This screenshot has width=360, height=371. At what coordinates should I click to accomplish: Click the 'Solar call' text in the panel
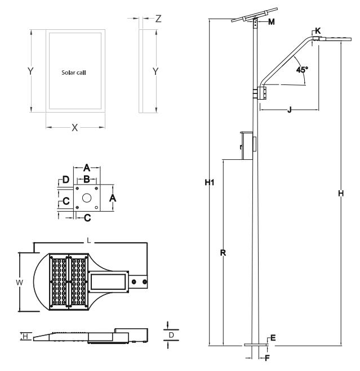tap(74, 73)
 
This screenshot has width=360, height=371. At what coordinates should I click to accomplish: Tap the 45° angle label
tap(302, 70)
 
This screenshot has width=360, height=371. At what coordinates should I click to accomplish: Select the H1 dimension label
tap(210, 182)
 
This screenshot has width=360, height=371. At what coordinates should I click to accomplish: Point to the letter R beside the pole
tap(223, 253)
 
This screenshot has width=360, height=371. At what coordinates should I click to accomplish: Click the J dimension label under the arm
tap(289, 110)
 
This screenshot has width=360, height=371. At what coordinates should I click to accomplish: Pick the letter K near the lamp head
tap(318, 31)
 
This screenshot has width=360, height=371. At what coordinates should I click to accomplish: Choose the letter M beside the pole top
tap(272, 22)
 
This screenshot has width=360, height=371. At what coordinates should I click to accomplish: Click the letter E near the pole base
tap(273, 338)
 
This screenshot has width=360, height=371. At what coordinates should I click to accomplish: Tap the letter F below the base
tap(267, 358)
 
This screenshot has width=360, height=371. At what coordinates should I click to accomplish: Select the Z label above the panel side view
tap(158, 19)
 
